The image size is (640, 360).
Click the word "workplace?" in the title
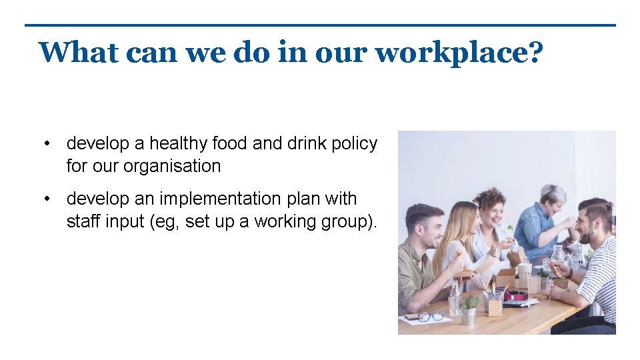[x=459, y=53]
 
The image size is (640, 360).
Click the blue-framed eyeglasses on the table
[x=429, y=315]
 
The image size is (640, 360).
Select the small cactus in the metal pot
[x=471, y=303]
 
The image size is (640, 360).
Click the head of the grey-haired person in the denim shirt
[x=553, y=195]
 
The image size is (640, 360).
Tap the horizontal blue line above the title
[x=320, y=25]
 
